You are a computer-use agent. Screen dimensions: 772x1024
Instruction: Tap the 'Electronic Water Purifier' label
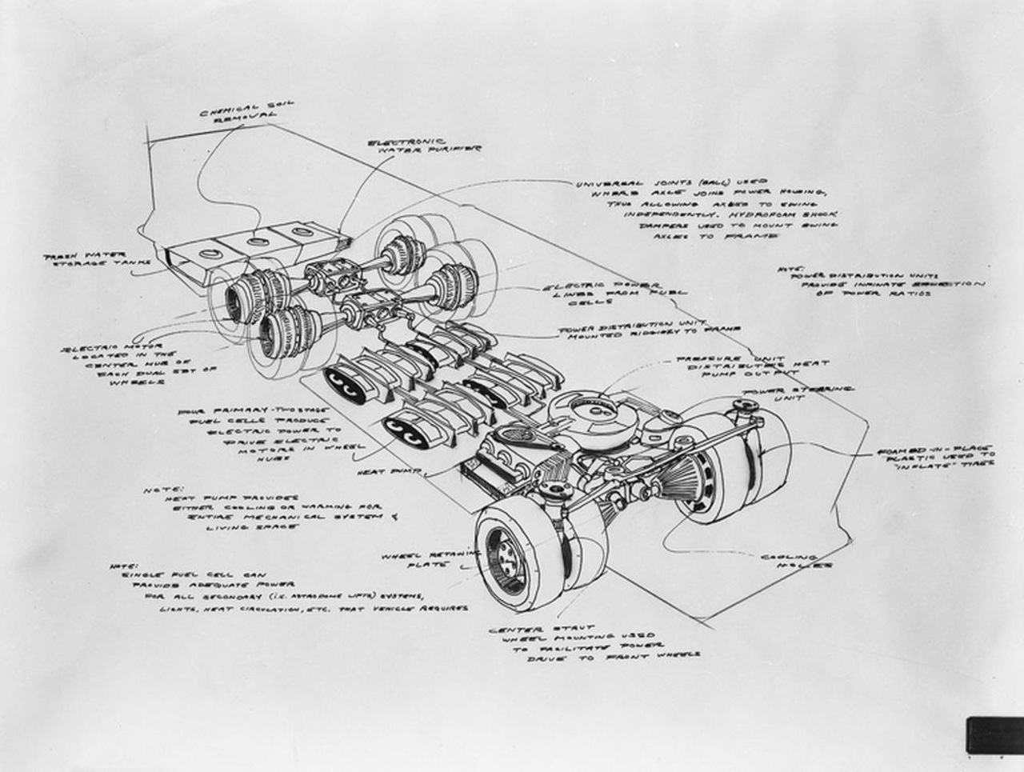[x=424, y=147]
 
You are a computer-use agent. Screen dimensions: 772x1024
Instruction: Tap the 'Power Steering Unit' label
[x=798, y=393]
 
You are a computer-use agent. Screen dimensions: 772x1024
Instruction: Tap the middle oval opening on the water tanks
[x=258, y=241]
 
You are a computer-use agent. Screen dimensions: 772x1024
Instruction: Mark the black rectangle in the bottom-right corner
[x=994, y=735]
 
